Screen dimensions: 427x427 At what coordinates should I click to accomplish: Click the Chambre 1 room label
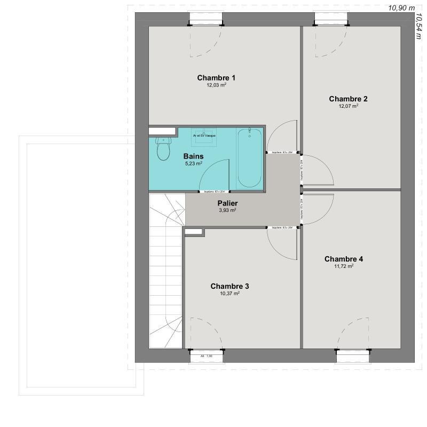pyautogui.click(x=216, y=78)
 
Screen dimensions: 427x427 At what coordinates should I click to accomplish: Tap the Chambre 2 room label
pyautogui.click(x=348, y=99)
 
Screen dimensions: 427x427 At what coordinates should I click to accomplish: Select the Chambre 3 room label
pyautogui.click(x=230, y=286)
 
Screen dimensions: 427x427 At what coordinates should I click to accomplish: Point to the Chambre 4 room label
pyautogui.click(x=344, y=259)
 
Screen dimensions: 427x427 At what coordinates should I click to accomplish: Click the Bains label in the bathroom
pyautogui.click(x=193, y=156)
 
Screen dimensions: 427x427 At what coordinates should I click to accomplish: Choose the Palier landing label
pyautogui.click(x=227, y=203)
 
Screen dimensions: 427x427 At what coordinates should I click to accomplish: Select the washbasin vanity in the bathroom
pyautogui.click(x=204, y=136)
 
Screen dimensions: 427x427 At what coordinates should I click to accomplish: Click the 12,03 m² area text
pyautogui.click(x=216, y=85)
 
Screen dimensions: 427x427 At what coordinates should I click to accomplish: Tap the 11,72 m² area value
pyautogui.click(x=343, y=266)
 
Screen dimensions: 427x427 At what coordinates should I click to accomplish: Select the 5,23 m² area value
pyautogui.click(x=193, y=164)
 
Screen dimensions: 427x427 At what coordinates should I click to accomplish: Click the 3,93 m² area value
pyautogui.click(x=227, y=210)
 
